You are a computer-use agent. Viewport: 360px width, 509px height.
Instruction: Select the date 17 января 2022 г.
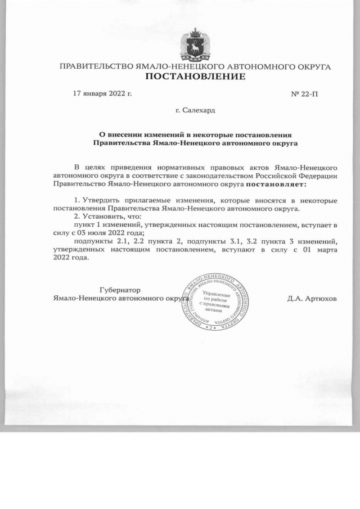[102, 93]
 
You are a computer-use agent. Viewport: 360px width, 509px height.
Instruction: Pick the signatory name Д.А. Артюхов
[312, 298]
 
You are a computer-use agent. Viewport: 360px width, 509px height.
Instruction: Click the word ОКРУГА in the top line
[310, 67]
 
